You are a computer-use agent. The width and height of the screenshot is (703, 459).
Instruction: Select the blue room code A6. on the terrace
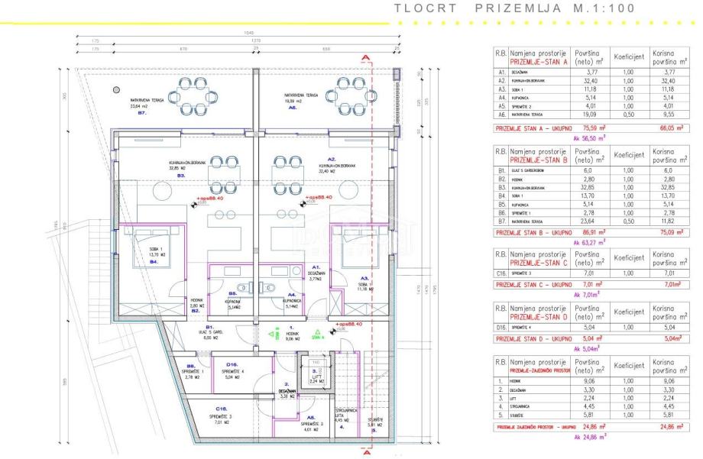(x=293, y=108)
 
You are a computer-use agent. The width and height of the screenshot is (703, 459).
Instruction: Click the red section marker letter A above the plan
(x=368, y=57)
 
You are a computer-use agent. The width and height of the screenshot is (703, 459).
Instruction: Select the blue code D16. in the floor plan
(x=232, y=364)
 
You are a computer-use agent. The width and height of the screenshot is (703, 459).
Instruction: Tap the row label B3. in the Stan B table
(x=501, y=186)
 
